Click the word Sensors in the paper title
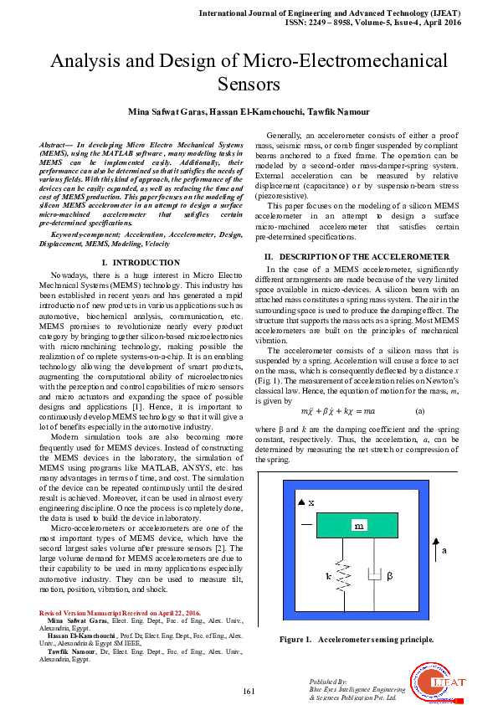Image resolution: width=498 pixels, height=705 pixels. pyautogui.click(x=249, y=84)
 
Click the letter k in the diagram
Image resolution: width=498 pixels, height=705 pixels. pyautogui.click(x=330, y=577)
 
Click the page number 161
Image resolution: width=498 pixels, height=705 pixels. pyautogui.click(x=249, y=691)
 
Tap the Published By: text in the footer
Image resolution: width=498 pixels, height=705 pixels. pyautogui.click(x=326, y=682)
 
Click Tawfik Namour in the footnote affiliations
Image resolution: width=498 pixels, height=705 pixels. pyautogui.click(x=69, y=651)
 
